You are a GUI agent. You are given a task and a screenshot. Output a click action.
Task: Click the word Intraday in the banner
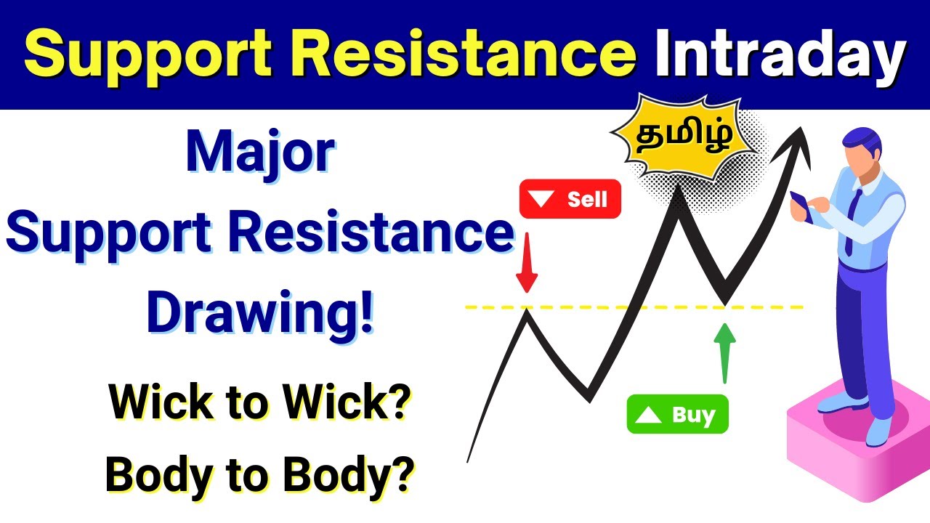(x=780, y=55)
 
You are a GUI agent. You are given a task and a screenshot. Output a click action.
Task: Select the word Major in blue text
(x=260, y=154)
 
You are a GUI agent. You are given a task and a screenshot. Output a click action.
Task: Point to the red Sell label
(x=570, y=199)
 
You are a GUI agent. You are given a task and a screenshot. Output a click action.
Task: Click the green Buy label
(x=677, y=415)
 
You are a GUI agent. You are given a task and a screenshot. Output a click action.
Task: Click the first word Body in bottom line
(x=156, y=475)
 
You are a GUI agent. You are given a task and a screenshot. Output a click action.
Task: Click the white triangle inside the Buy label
(x=649, y=415)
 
